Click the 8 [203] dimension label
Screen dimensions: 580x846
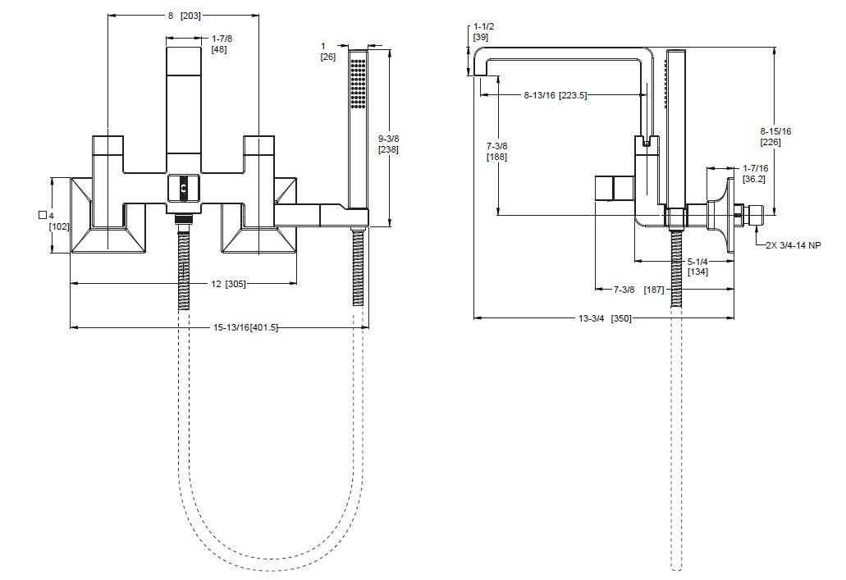click(x=185, y=16)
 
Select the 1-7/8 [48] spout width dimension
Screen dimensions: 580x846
click(x=219, y=43)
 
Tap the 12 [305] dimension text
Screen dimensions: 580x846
click(x=227, y=284)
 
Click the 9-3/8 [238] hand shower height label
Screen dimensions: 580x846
click(x=389, y=144)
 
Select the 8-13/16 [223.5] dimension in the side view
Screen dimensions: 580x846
click(x=555, y=96)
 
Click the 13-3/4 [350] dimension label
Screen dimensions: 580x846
click(x=604, y=318)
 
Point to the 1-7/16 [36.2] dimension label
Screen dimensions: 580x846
click(x=755, y=172)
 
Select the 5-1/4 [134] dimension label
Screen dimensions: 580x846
click(x=697, y=266)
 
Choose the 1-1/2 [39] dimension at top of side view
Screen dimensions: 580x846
click(x=481, y=32)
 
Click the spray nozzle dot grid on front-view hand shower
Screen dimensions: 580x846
click(x=358, y=83)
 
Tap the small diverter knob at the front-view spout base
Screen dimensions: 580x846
click(x=183, y=188)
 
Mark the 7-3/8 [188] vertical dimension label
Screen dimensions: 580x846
click(x=496, y=151)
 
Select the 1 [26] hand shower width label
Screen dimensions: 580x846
click(x=328, y=51)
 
